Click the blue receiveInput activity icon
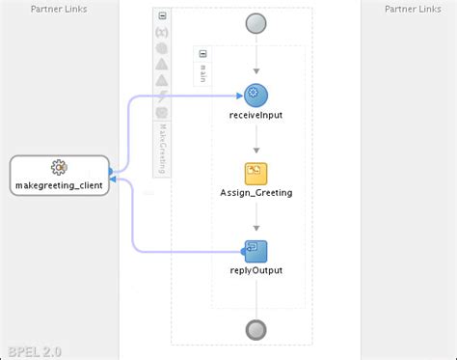255,95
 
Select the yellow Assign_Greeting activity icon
255,174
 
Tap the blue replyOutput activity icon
255,252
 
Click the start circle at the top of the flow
255,24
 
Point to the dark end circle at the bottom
255,328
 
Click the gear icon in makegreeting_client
59,168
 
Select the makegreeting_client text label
59,184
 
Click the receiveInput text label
255,115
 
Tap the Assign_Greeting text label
255,193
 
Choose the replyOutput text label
255,271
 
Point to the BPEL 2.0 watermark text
32,351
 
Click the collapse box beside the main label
202,54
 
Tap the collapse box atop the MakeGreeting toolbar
162,16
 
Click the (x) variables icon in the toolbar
162,32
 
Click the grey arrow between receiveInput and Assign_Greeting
255,146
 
